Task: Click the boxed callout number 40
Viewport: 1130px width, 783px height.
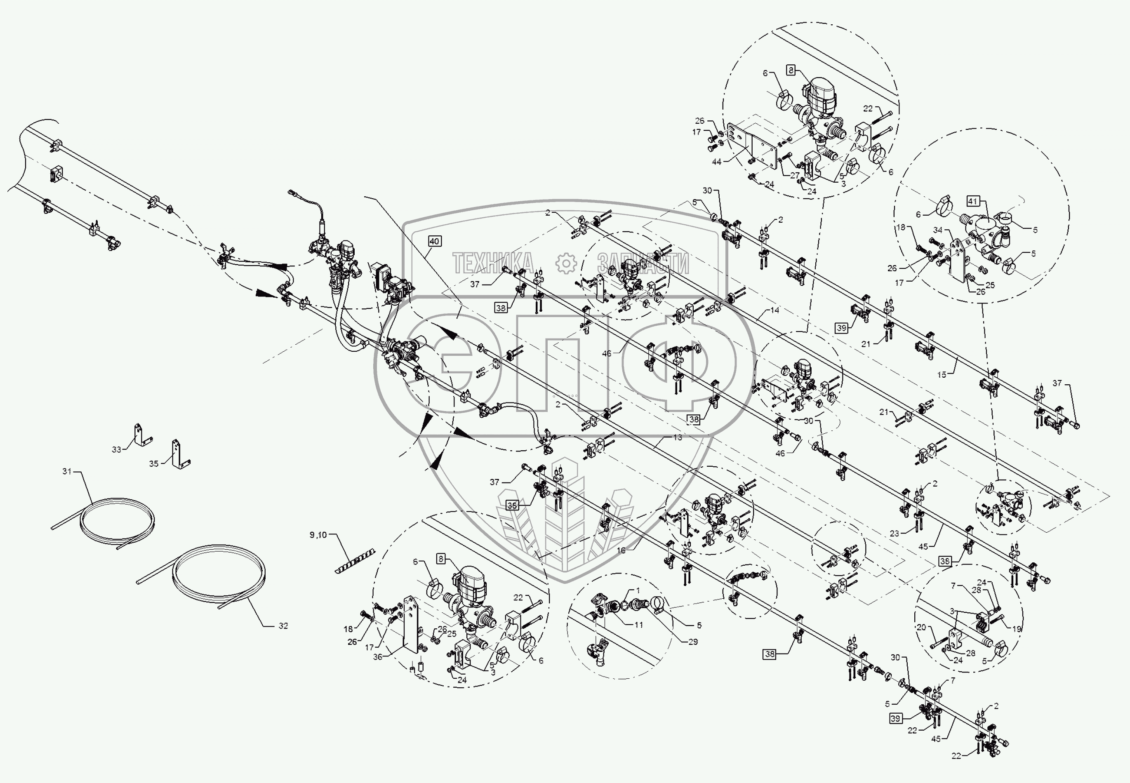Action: point(434,241)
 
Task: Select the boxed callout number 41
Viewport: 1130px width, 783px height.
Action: point(973,201)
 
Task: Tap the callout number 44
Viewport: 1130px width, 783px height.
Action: point(716,161)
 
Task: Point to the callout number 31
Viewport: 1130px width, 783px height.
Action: point(67,471)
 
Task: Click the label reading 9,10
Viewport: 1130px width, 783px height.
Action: point(318,535)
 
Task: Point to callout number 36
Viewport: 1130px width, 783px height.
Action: point(377,657)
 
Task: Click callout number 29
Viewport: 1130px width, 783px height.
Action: point(693,641)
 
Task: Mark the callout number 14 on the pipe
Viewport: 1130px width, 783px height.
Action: point(774,310)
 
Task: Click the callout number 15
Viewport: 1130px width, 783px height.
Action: point(942,374)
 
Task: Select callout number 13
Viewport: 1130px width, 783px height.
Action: point(677,437)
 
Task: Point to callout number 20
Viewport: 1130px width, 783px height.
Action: point(921,627)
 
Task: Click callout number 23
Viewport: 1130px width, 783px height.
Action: point(894,533)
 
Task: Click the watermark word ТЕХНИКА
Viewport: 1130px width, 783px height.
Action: point(492,263)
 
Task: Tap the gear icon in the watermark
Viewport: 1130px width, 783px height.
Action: point(566,263)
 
